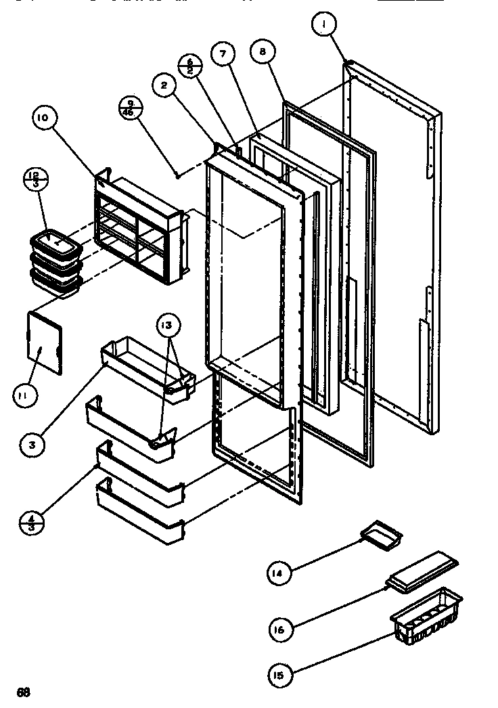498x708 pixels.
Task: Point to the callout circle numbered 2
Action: click(164, 85)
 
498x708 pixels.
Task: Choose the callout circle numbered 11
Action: click(24, 395)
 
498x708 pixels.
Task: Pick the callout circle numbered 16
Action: click(281, 629)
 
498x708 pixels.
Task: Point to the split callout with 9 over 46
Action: click(129, 109)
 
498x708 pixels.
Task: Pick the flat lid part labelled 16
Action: click(422, 571)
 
